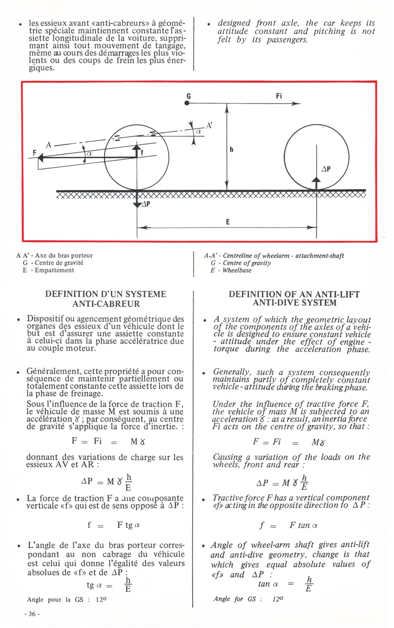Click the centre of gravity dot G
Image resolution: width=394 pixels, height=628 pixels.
point(187,103)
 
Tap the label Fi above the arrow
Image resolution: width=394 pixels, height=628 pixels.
point(279,96)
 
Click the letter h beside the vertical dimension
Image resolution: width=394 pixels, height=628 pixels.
point(230,151)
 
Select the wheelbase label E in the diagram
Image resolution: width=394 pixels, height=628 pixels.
point(228,222)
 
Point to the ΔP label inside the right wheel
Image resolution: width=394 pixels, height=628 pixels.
point(325,169)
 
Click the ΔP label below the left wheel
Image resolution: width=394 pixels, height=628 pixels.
point(146,205)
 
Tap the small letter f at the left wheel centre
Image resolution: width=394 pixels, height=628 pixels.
point(143,152)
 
